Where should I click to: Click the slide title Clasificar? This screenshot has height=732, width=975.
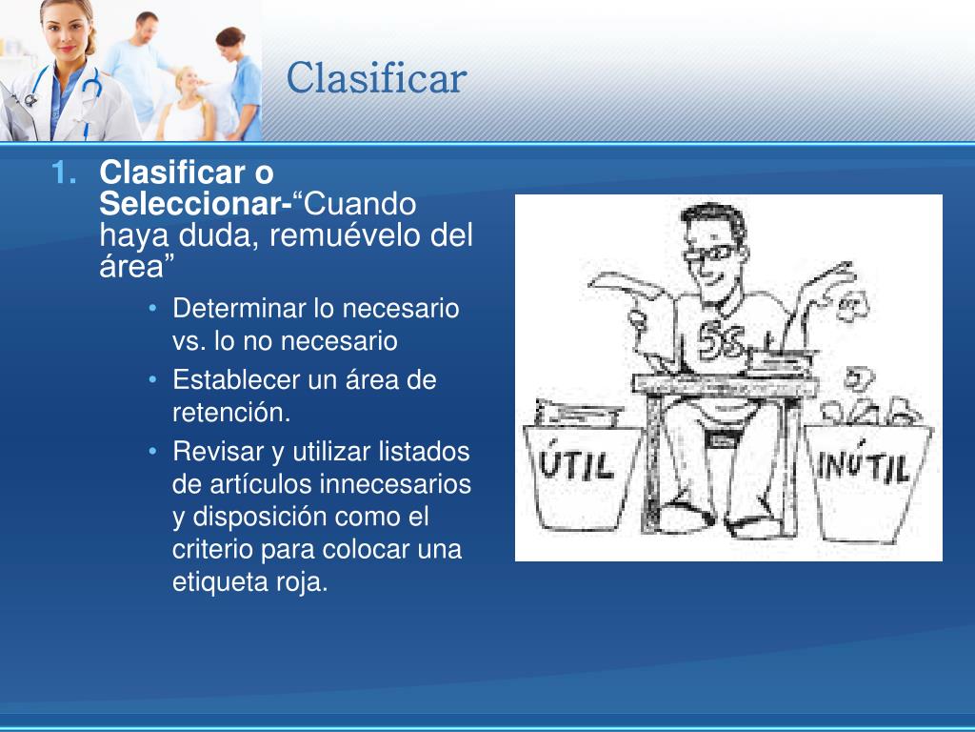click(376, 78)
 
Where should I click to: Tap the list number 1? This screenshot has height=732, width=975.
click(63, 173)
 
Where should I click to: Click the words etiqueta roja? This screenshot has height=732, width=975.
click(249, 582)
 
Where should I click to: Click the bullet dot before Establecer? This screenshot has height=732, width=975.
click(154, 380)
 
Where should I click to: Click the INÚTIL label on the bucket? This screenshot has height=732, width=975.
click(864, 467)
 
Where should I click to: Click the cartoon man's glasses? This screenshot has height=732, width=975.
click(711, 254)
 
